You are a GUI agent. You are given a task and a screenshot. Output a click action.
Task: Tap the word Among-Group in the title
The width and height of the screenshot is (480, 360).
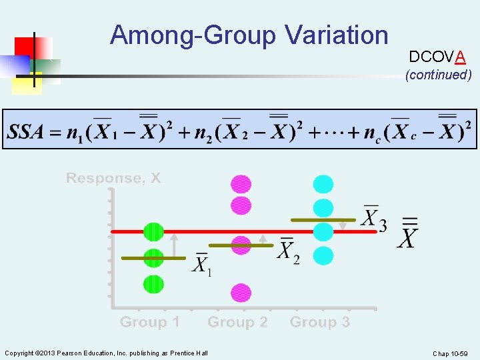pos(193,35)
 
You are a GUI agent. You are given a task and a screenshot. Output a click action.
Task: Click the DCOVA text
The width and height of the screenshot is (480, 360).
pos(437,57)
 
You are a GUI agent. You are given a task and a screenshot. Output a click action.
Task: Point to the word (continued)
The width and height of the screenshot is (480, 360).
pos(438,75)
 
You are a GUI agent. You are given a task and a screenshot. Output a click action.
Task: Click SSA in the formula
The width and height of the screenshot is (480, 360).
pos(25,131)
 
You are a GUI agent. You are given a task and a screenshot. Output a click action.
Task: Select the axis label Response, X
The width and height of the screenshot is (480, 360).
pos(113,178)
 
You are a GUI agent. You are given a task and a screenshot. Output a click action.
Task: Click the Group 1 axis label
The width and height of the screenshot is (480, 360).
pos(149,323)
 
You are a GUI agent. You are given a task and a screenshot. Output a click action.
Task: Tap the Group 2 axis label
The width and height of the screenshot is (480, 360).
pos(237,323)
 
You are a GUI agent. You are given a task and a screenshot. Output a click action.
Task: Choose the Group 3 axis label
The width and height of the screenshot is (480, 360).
pos(319,323)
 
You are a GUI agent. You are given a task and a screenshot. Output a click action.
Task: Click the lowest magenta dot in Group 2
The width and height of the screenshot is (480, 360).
pos(241,292)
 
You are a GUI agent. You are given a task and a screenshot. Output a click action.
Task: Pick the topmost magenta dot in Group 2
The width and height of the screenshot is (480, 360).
pos(241,184)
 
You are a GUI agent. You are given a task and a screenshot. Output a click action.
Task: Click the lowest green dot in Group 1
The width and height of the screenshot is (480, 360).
pos(153,284)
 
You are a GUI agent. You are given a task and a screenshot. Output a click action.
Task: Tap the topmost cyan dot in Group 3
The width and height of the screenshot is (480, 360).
pos(323,184)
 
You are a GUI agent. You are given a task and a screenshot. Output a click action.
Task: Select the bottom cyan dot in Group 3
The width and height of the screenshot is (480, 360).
pos(323,255)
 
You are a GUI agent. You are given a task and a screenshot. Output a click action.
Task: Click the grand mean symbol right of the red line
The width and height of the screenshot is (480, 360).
pos(409,233)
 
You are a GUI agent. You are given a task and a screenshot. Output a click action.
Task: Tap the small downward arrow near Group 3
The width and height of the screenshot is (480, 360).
pos(343,225)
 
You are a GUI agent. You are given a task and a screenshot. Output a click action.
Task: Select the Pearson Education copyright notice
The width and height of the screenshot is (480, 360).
pos(106,353)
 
